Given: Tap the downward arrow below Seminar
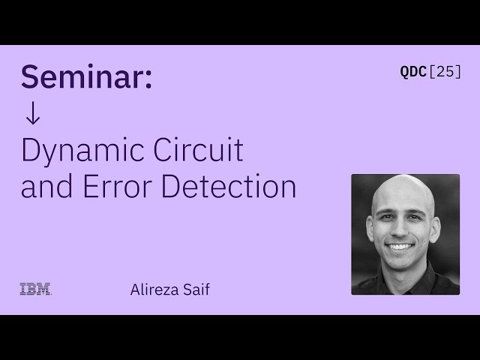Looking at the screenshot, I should pyautogui.click(x=32, y=114).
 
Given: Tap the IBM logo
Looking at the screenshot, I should pyautogui.click(x=35, y=289).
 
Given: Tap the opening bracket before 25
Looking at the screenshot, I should pyautogui.click(x=430, y=72).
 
